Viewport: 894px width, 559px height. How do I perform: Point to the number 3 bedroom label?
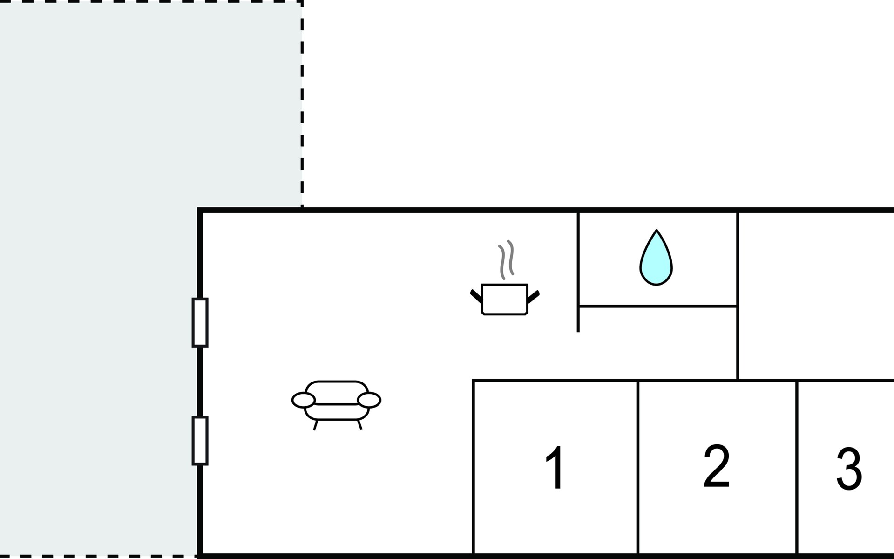click(849, 469)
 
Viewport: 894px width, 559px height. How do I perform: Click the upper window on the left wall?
click(200, 322)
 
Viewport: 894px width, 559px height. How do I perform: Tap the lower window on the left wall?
click(200, 440)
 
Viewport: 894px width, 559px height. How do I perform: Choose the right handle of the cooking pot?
click(534, 296)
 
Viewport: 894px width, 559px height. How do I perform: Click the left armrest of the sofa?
click(304, 400)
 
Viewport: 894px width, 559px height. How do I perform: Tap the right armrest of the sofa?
click(369, 400)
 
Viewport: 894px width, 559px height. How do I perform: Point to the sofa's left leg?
click(315, 425)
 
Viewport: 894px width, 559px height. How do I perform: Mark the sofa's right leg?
click(359, 425)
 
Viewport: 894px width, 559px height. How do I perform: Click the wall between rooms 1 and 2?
click(637, 466)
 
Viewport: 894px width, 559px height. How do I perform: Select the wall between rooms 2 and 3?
click(797, 466)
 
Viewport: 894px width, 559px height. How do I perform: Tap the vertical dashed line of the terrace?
click(302, 102)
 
